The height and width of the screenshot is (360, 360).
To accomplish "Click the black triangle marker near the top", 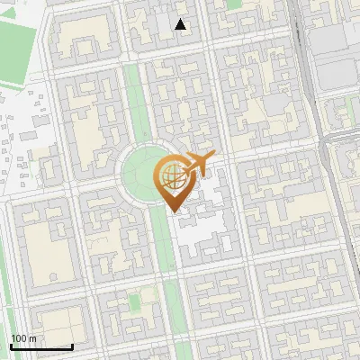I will tap(181, 24).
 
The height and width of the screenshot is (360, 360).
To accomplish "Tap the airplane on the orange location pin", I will tap(198, 163).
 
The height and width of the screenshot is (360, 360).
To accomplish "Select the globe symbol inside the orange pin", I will tap(171, 177).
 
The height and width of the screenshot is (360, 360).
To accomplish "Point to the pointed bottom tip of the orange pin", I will tap(172, 210).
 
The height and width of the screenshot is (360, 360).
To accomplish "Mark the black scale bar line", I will tap(41, 346).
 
